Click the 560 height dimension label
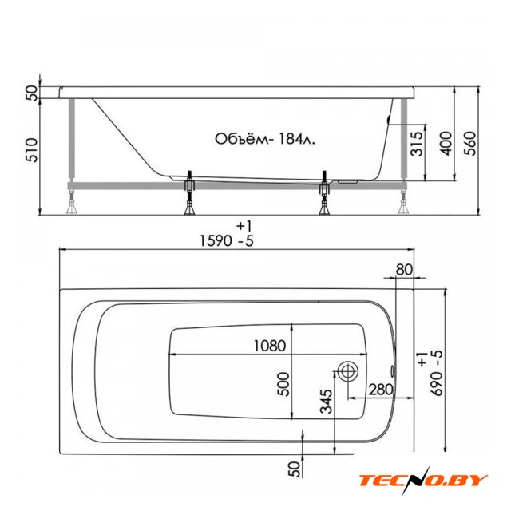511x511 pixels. pyautogui.click(x=469, y=144)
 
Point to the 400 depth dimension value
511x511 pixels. pyautogui.click(x=446, y=144)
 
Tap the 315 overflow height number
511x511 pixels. pyautogui.click(x=418, y=144)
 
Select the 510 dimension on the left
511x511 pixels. pyautogui.click(x=32, y=150)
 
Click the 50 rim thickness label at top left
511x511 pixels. pyautogui.click(x=32, y=93)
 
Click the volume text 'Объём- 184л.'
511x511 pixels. pyautogui.click(x=265, y=139)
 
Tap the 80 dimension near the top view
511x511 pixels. pyautogui.click(x=404, y=270)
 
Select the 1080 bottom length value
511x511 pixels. pyautogui.click(x=270, y=346)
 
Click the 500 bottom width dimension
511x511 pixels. pyautogui.click(x=283, y=384)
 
